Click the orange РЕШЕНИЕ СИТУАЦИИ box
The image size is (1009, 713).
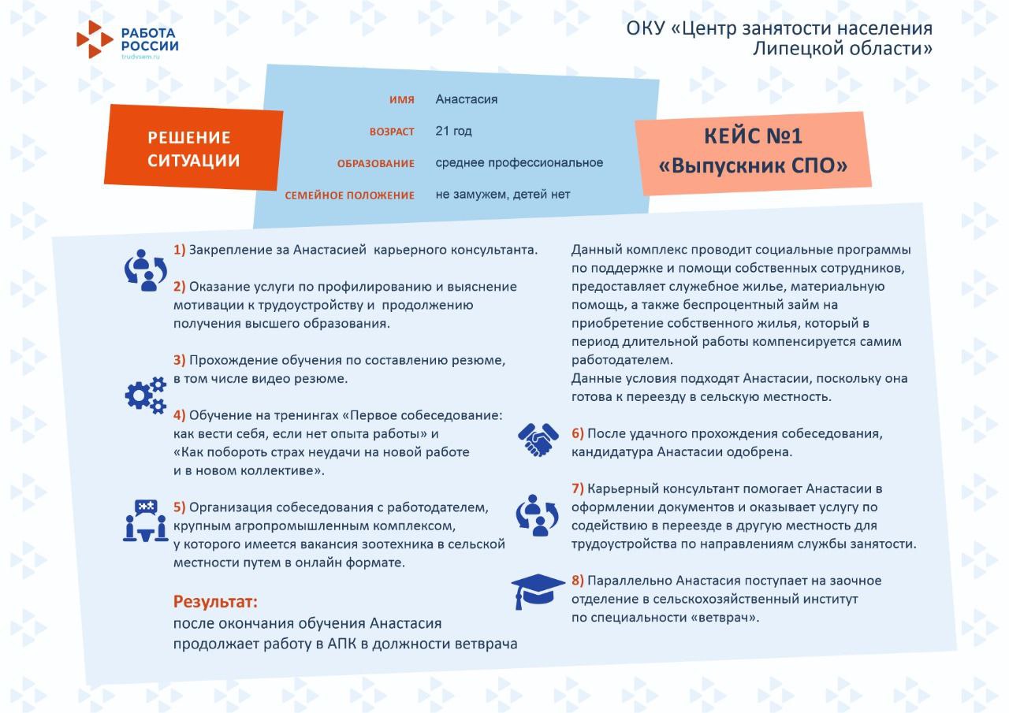point(193,149)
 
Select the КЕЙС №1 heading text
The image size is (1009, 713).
point(753,136)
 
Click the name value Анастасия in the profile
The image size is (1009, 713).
point(466,99)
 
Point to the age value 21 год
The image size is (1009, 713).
point(453,131)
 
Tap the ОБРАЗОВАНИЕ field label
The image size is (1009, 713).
point(375,164)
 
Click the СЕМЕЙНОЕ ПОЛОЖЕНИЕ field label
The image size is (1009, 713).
point(349,195)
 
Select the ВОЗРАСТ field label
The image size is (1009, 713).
point(392,132)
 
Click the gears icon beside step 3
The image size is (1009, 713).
point(146,395)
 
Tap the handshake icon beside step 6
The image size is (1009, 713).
point(538,440)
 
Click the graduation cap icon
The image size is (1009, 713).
point(538,590)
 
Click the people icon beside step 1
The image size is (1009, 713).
point(146,270)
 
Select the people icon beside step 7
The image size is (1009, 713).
point(538,515)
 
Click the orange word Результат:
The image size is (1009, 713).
point(215,603)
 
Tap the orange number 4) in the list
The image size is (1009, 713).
point(180,415)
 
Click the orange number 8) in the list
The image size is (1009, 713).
point(578,581)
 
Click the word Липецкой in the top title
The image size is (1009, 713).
point(799,49)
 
